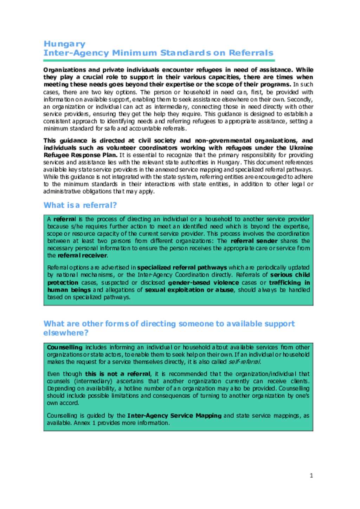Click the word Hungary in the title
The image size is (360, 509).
tap(64, 44)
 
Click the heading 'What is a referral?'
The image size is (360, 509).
tap(80, 205)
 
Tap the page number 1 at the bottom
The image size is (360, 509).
tap(311, 476)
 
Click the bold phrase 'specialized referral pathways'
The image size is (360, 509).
tap(182, 267)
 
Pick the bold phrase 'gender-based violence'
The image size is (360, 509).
tap(203, 282)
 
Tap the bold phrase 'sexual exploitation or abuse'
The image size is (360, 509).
tap(189, 290)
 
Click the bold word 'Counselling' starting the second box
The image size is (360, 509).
tap(65, 347)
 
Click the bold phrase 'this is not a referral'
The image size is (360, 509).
tap(118, 374)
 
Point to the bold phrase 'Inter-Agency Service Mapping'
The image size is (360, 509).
tap(174, 416)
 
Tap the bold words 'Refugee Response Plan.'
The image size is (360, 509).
tap(81, 155)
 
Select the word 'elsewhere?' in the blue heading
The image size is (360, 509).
tap(66, 333)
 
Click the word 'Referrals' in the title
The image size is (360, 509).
tap(251, 53)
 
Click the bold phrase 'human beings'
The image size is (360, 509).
tap(69, 290)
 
